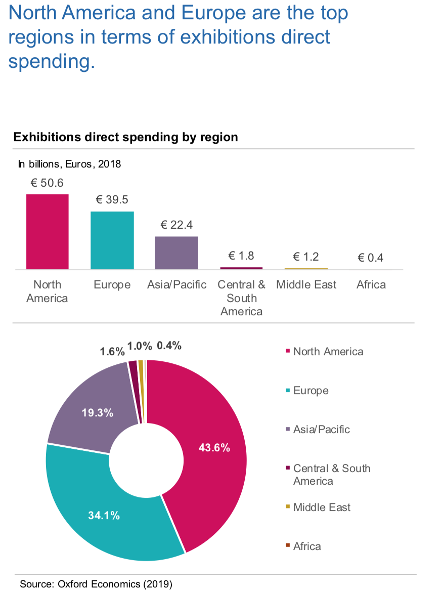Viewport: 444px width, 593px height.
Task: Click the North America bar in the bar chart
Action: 47,231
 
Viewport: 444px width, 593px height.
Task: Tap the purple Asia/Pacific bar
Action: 176,252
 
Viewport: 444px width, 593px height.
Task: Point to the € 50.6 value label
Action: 47,183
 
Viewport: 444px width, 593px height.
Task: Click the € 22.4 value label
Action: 176,225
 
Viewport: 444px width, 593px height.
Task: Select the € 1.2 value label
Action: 306,256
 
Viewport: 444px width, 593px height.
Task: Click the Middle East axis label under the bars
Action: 306,284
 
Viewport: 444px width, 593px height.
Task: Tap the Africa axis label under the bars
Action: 371,284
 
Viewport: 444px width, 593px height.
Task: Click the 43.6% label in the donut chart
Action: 214,448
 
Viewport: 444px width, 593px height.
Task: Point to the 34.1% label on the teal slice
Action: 103,516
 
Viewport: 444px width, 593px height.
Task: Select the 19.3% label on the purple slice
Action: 97,413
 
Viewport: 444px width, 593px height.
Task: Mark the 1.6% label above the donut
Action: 112,352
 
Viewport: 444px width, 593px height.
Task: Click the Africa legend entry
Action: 306,546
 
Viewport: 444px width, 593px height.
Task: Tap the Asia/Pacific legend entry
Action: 321,430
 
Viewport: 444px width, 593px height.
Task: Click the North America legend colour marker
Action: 288,351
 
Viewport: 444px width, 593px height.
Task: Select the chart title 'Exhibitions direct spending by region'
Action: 125,137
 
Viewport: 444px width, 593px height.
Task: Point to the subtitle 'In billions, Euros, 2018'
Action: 70,164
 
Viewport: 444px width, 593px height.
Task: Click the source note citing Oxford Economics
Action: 96,584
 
